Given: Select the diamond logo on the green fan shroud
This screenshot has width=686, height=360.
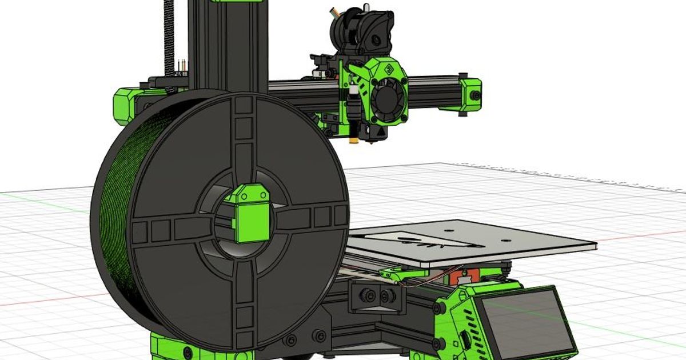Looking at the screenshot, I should tap(389, 71).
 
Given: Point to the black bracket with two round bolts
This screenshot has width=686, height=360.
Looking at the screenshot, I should tap(374, 296).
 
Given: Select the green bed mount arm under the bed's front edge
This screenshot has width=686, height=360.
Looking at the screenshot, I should tap(400, 274).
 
